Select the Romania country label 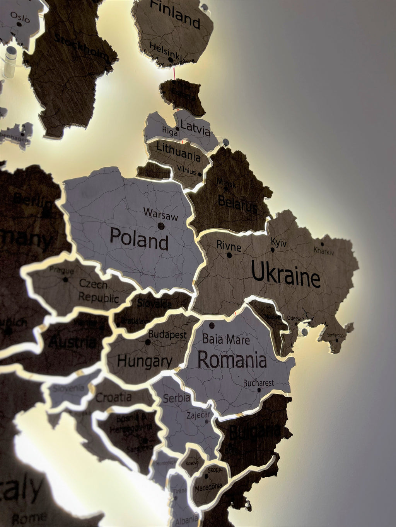point(232,360)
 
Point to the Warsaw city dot point(161,226)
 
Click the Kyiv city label point(278,243)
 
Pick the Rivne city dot point(230,255)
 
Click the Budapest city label point(167,334)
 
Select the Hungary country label point(145,361)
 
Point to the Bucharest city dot point(259,390)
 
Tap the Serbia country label point(176,398)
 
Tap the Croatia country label point(113,397)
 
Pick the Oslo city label point(20,17)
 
